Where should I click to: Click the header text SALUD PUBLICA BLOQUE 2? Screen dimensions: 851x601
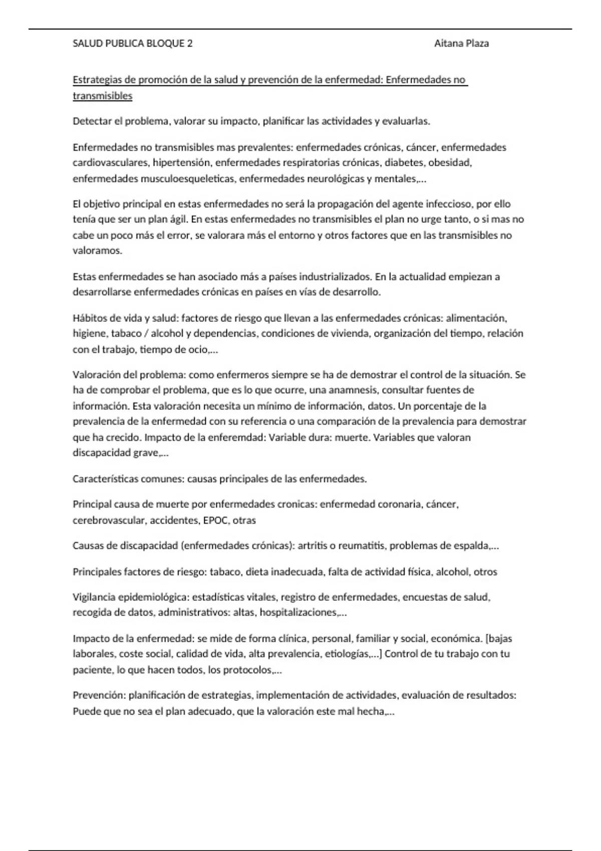(x=133, y=44)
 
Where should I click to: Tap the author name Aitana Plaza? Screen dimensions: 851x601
(x=461, y=44)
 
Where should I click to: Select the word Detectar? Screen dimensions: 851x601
(x=91, y=121)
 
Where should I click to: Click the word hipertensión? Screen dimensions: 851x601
(x=181, y=163)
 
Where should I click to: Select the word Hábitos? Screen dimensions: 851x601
(x=89, y=318)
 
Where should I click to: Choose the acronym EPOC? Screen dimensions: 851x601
(x=215, y=521)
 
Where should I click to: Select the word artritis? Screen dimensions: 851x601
(x=313, y=546)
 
